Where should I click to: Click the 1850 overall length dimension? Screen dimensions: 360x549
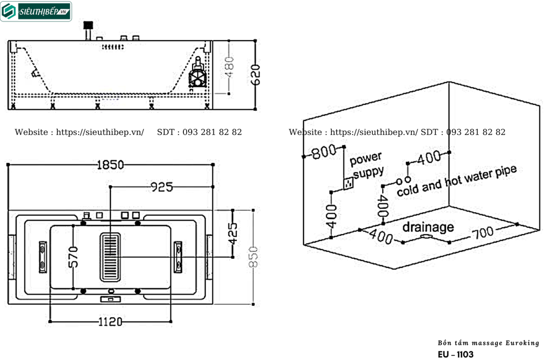pyautogui.click(x=110, y=165)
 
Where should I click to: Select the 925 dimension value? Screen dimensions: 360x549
pyautogui.click(x=161, y=186)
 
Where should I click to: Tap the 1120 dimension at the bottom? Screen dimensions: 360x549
pyautogui.click(x=110, y=321)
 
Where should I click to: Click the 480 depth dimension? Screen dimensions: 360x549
pyautogui.click(x=229, y=66)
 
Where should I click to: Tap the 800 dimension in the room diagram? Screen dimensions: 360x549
pyautogui.click(x=323, y=152)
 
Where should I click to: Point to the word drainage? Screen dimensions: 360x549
pyautogui.click(x=428, y=227)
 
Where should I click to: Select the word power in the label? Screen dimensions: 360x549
pyautogui.click(x=366, y=159)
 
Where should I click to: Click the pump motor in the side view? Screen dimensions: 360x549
pyautogui.click(x=197, y=75)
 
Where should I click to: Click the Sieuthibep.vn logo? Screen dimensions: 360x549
pyautogui.click(x=36, y=11)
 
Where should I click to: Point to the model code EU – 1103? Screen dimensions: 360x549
pyautogui.click(x=455, y=354)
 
